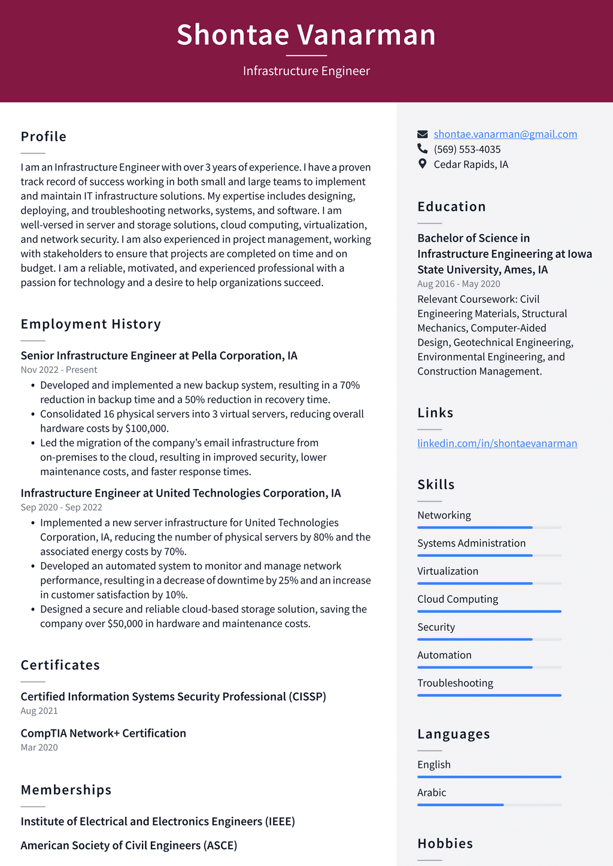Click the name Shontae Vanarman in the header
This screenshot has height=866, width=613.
(306, 35)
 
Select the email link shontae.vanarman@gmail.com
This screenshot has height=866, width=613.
(505, 134)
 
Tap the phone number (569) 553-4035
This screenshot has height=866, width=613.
(467, 149)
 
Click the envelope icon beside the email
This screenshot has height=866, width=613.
(423, 134)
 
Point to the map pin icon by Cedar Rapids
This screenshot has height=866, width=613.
(423, 164)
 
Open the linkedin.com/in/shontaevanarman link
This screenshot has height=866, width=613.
(497, 443)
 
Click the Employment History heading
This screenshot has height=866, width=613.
(91, 324)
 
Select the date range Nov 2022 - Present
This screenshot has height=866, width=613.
(59, 370)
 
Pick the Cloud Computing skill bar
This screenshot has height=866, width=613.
(489, 611)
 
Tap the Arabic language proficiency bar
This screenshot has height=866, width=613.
(489, 805)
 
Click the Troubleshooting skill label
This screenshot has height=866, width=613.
(455, 683)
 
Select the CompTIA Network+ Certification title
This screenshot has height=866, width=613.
(103, 733)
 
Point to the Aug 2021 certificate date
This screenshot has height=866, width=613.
(39, 711)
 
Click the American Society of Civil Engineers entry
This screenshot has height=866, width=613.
(129, 845)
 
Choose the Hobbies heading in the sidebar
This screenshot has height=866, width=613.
(445, 843)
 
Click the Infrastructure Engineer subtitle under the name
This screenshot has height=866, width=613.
(306, 71)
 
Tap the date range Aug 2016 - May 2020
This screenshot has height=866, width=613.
(459, 284)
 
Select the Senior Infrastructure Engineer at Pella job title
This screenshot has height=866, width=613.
(159, 355)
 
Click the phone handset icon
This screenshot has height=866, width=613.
(423, 148)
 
